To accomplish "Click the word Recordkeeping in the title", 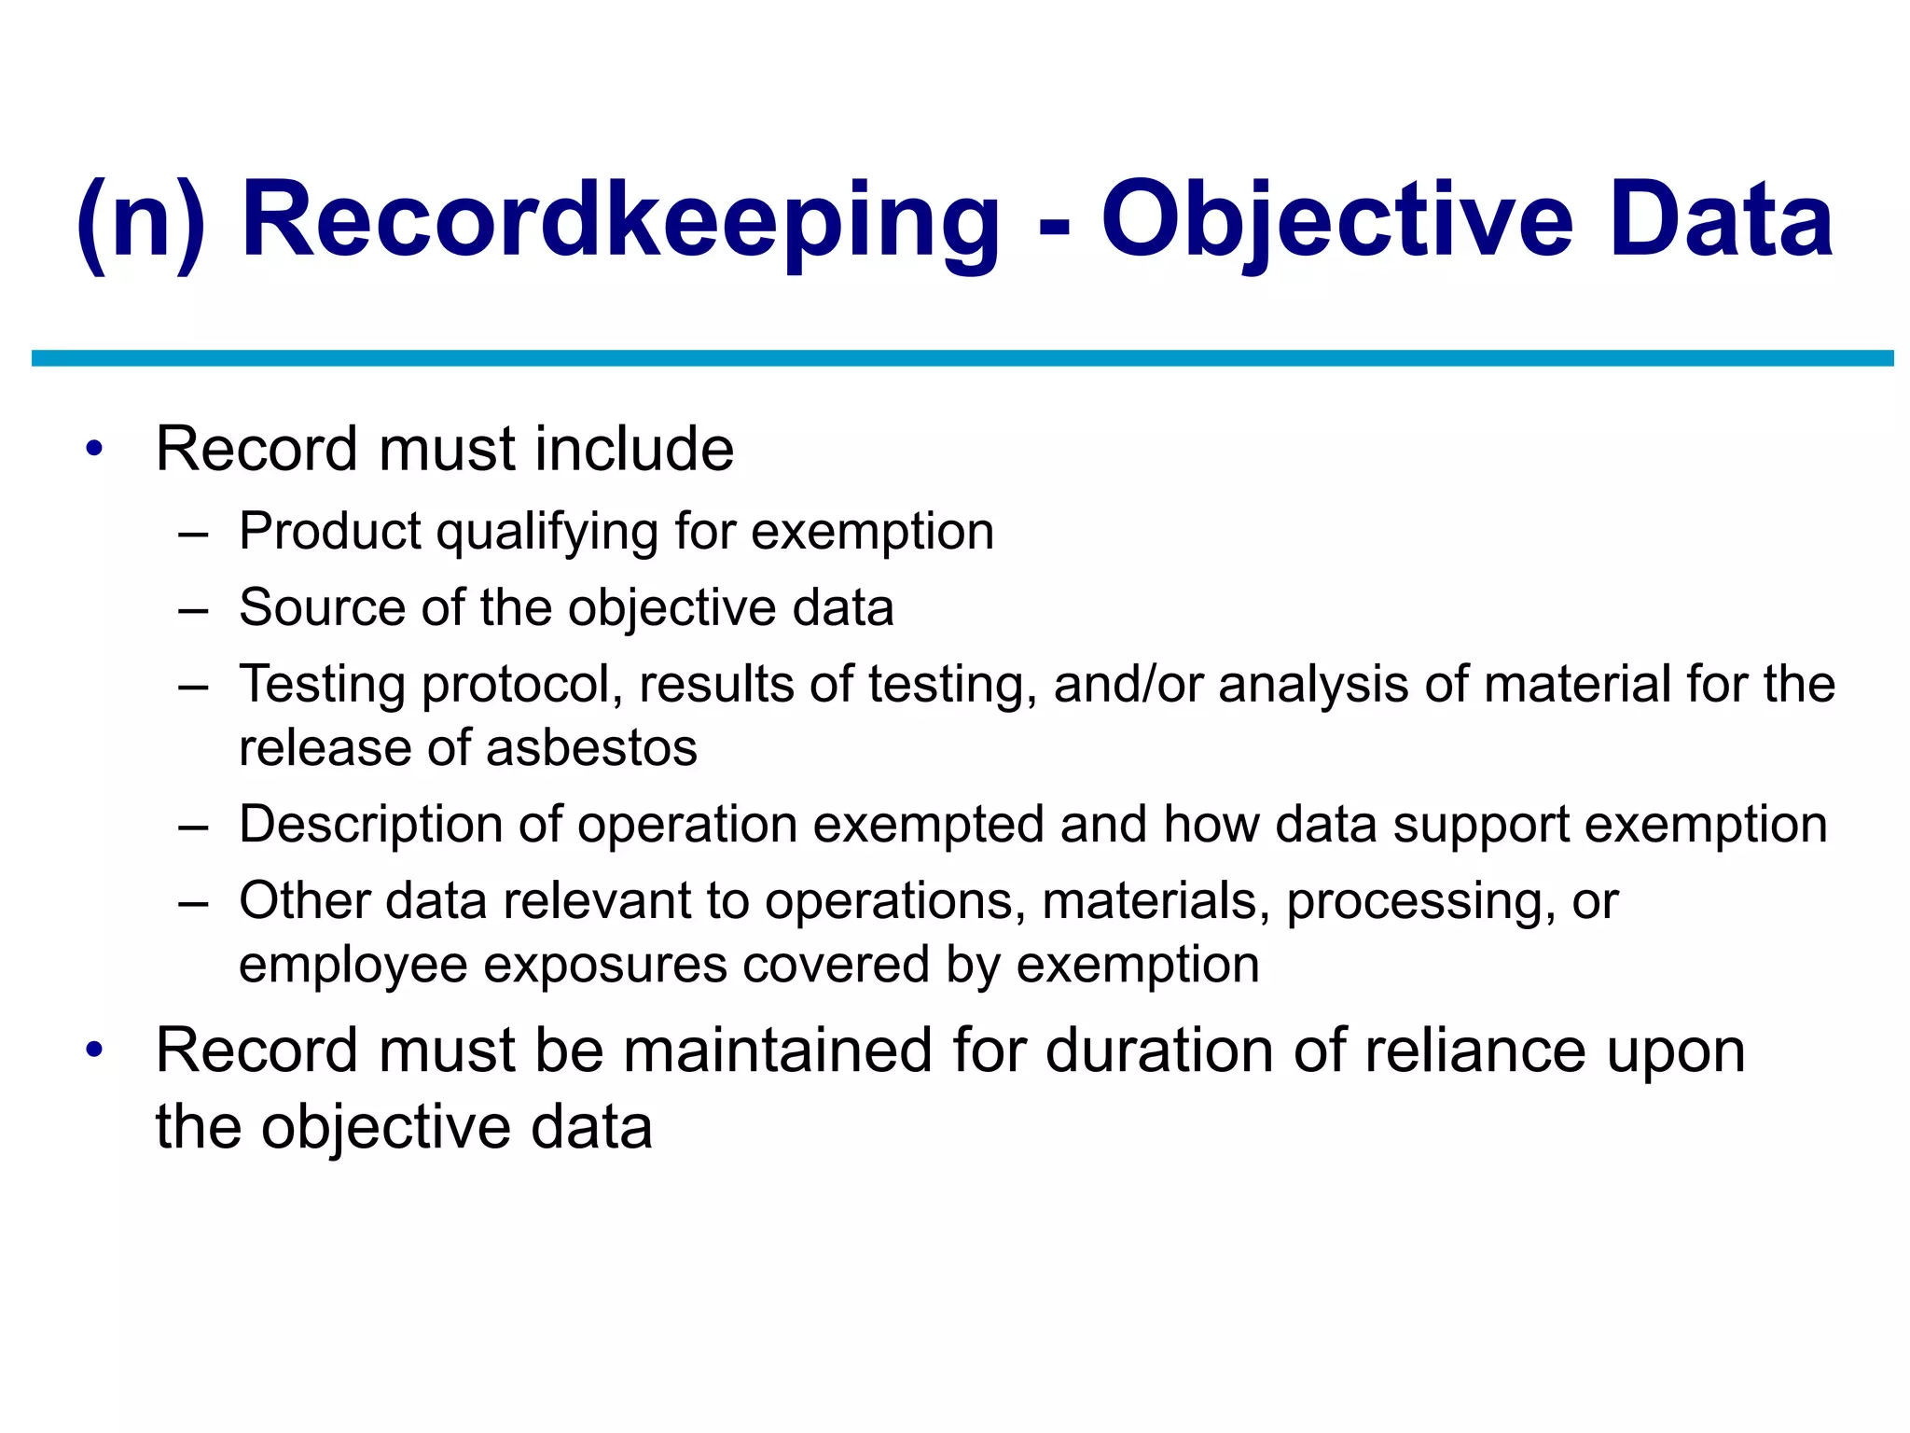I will pos(620,222).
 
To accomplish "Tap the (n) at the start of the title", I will pos(140,222).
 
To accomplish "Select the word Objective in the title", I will pos(1337,222).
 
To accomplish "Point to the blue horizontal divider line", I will pos(961,358).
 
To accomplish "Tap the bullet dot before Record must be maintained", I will pos(93,1050).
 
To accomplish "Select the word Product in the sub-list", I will pos(330,531).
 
